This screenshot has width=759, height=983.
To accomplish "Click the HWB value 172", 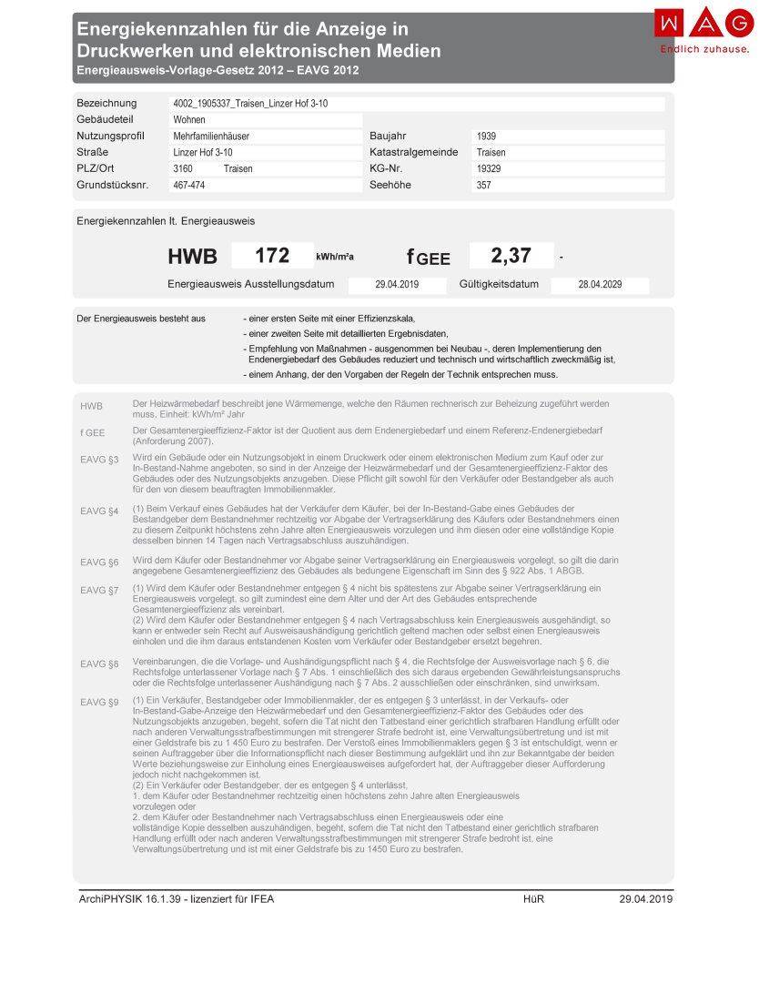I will pos(271,256).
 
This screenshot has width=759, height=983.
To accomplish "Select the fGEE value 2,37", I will pos(511,256).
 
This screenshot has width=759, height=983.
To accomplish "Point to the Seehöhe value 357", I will pos(484,186).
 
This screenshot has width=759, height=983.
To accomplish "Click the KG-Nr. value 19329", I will pos(489,169).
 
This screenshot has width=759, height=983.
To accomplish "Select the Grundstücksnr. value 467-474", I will pos(189,186).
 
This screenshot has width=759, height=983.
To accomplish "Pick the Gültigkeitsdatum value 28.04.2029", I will pos(600,286).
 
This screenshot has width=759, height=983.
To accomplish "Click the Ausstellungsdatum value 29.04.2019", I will pos(397,286).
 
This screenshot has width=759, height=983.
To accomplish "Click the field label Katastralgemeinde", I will pos(414,153).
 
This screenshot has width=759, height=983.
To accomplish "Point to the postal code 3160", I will pos(183,169).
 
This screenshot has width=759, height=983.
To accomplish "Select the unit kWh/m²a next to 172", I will pos(335,258).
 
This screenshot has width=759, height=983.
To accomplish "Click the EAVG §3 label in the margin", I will pos(99,461).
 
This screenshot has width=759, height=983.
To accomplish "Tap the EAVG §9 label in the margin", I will pos(99,702).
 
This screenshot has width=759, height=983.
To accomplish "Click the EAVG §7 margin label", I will pos(99,590).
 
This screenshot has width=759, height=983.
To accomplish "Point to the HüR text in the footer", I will pos(533,899).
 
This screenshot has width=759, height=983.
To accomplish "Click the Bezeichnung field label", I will pos(106,104).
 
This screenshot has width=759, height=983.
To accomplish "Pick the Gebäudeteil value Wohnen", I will pos(189,120).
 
